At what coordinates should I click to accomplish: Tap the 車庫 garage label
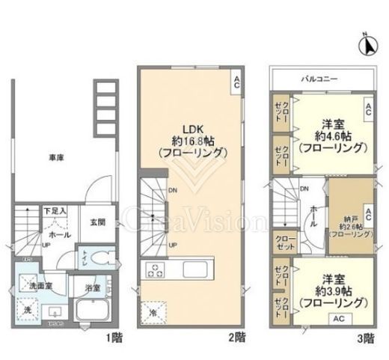pyautogui.click(x=55, y=159)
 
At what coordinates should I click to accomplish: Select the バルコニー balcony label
pyautogui.click(x=322, y=78)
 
